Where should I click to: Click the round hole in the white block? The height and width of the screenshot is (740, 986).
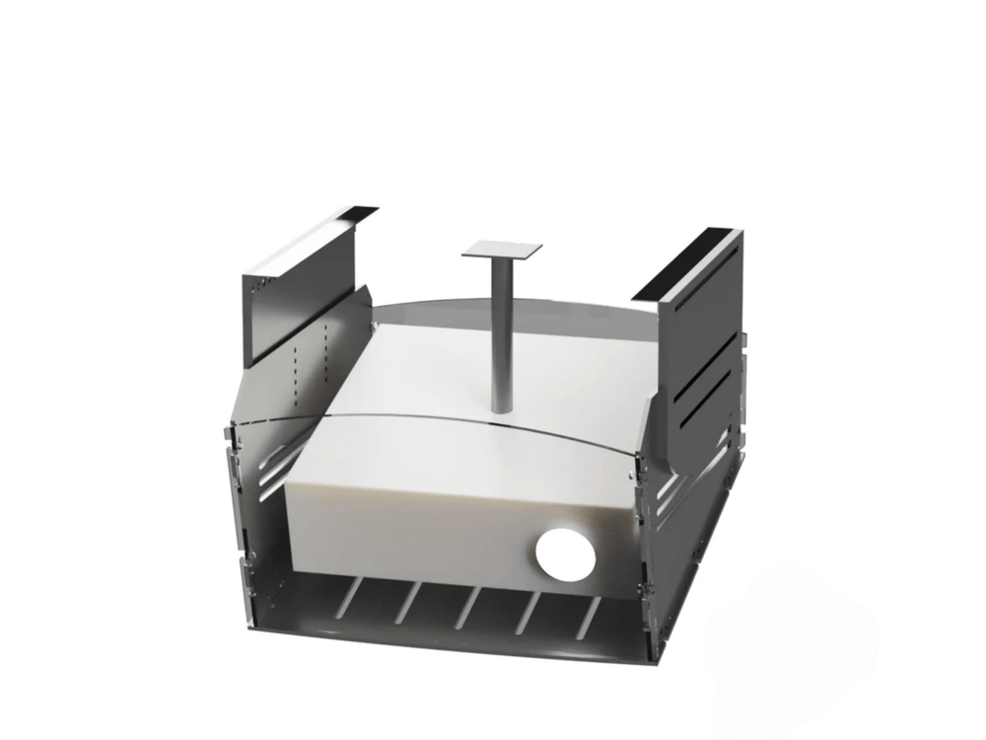[563, 554]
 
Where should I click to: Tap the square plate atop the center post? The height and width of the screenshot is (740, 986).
[503, 249]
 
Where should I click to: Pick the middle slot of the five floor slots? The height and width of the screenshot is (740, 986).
[463, 605]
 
